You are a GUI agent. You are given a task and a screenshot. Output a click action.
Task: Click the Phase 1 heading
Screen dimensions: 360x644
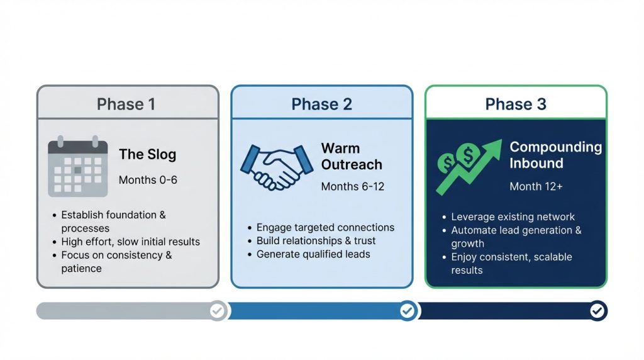click(126, 104)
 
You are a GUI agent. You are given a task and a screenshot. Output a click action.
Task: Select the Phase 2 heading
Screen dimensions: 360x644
click(321, 104)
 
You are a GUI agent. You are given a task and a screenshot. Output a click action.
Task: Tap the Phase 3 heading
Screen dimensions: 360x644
click(516, 104)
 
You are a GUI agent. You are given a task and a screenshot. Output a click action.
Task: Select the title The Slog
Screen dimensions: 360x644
click(148, 154)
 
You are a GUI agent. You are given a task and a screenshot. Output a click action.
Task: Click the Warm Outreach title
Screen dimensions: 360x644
click(351, 157)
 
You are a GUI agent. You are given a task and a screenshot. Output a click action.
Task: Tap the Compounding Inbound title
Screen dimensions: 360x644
click(555, 155)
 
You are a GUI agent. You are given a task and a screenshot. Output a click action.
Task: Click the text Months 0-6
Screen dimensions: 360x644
click(148, 180)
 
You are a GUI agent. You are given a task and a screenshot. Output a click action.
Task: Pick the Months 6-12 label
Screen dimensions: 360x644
click(352, 186)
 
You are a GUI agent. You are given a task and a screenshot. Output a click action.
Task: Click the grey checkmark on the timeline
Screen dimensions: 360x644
click(218, 310)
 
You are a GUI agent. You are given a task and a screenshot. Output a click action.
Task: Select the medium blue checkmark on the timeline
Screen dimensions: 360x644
click(408, 310)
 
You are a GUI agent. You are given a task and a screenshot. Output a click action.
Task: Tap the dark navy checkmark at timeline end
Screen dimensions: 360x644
click(597, 310)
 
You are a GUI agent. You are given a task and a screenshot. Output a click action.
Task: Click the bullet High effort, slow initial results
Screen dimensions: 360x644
click(130, 242)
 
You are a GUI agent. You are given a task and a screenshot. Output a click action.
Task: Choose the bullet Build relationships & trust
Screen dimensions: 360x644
click(316, 241)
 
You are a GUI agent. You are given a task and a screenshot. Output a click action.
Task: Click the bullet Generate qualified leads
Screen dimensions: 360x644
click(313, 254)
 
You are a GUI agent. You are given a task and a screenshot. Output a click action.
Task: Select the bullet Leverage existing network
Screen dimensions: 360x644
click(513, 217)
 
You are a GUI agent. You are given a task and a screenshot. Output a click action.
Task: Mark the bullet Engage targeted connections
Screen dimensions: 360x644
click(325, 227)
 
